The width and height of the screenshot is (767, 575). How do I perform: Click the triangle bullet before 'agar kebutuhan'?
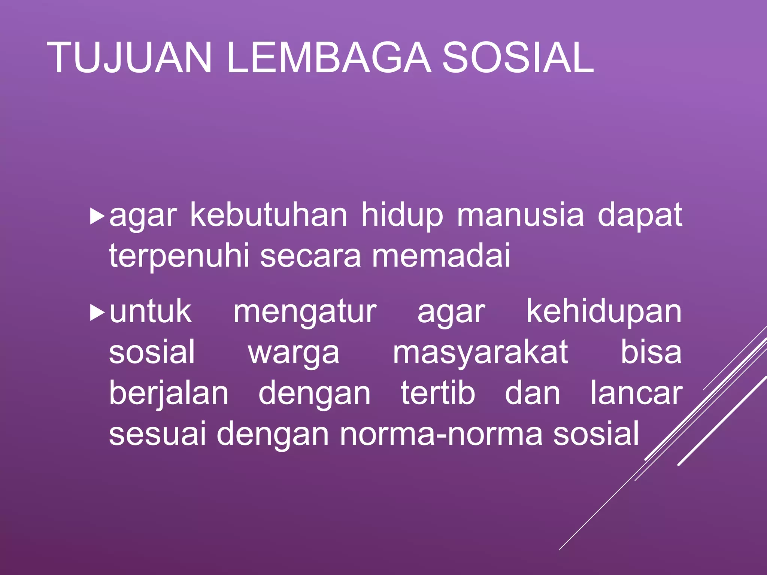(97, 217)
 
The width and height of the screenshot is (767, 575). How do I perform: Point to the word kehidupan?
(604, 313)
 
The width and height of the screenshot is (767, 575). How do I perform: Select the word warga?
(294, 354)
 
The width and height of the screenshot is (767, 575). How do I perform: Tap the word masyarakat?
(480, 353)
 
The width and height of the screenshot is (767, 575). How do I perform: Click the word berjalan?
(169, 395)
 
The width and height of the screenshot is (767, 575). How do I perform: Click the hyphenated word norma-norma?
(441, 434)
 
